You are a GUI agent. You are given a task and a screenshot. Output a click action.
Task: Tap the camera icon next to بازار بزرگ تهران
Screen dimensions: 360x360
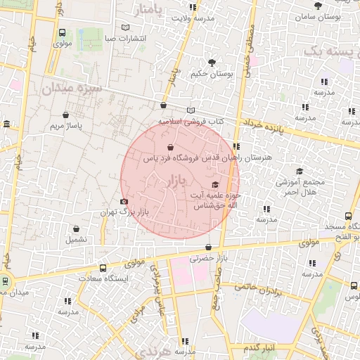124,202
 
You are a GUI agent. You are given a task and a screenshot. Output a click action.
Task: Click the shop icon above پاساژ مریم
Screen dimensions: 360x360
65,115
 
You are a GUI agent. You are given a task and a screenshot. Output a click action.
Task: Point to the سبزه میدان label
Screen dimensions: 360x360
72,89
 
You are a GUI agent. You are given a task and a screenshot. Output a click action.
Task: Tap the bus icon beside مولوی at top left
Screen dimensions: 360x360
63,32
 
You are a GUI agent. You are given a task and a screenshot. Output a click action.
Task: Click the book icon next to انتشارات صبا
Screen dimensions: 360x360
126,27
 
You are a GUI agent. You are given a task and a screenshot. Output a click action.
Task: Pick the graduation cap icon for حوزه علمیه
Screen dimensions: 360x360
215,185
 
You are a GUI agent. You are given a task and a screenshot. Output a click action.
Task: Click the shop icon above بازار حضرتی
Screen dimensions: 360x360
209,247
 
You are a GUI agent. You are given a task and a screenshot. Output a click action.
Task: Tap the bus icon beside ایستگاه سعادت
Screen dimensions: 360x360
103,268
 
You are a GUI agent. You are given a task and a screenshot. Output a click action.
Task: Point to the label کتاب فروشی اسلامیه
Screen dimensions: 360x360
191,121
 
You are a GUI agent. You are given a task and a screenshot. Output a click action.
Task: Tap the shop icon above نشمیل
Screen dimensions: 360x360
77,229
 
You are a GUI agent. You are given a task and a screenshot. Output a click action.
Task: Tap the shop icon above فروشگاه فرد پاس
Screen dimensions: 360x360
172,148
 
